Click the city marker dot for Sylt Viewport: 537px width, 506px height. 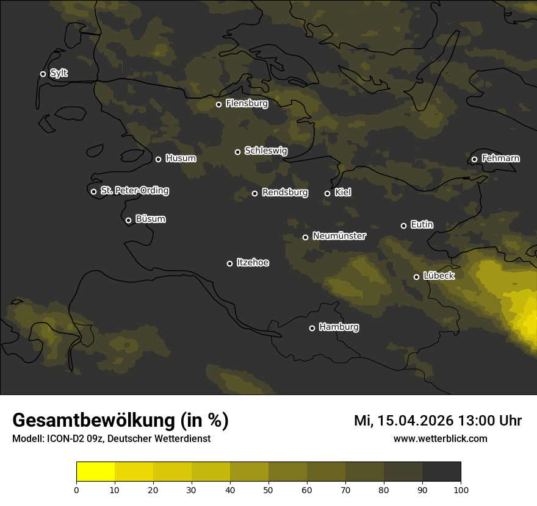click(x=43, y=74)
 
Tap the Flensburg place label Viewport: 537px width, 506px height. click(x=247, y=104)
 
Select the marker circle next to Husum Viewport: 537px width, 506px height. click(x=158, y=159)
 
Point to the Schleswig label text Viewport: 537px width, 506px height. click(x=265, y=151)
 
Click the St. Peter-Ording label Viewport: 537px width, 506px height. click(x=134, y=191)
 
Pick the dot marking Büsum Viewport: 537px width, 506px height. click(x=128, y=221)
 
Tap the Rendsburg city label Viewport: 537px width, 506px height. click(x=284, y=193)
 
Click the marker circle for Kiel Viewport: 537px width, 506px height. click(x=327, y=193)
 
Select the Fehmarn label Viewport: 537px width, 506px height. click(x=500, y=159)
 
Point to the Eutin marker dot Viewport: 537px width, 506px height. click(x=403, y=226)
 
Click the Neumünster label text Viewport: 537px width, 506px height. click(x=339, y=236)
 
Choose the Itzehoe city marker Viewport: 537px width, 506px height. click(x=229, y=263)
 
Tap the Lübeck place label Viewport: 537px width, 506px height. click(x=438, y=276)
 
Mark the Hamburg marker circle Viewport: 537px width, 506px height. click(x=312, y=328)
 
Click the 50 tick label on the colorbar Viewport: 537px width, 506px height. click(x=268, y=490)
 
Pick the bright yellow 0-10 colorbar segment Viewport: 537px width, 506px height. click(x=95, y=472)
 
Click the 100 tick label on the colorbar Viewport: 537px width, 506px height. click(x=461, y=490)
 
